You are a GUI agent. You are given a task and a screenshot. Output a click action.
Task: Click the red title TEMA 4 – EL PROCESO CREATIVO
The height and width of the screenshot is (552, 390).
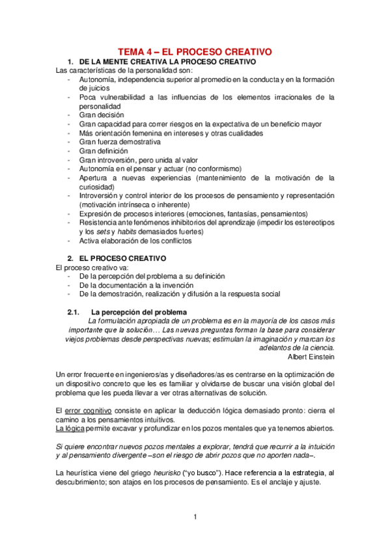coord(194,51)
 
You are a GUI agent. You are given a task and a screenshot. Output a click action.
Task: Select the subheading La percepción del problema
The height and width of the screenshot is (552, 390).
coord(138,312)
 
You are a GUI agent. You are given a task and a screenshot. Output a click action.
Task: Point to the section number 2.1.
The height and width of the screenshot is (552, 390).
coord(74,312)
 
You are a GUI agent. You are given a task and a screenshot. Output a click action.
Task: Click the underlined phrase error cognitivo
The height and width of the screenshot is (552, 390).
coord(88,411)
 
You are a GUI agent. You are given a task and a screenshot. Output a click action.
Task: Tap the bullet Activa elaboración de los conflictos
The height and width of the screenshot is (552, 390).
coord(135,240)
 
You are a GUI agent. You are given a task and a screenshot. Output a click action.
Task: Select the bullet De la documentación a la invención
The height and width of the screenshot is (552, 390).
coord(135,284)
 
